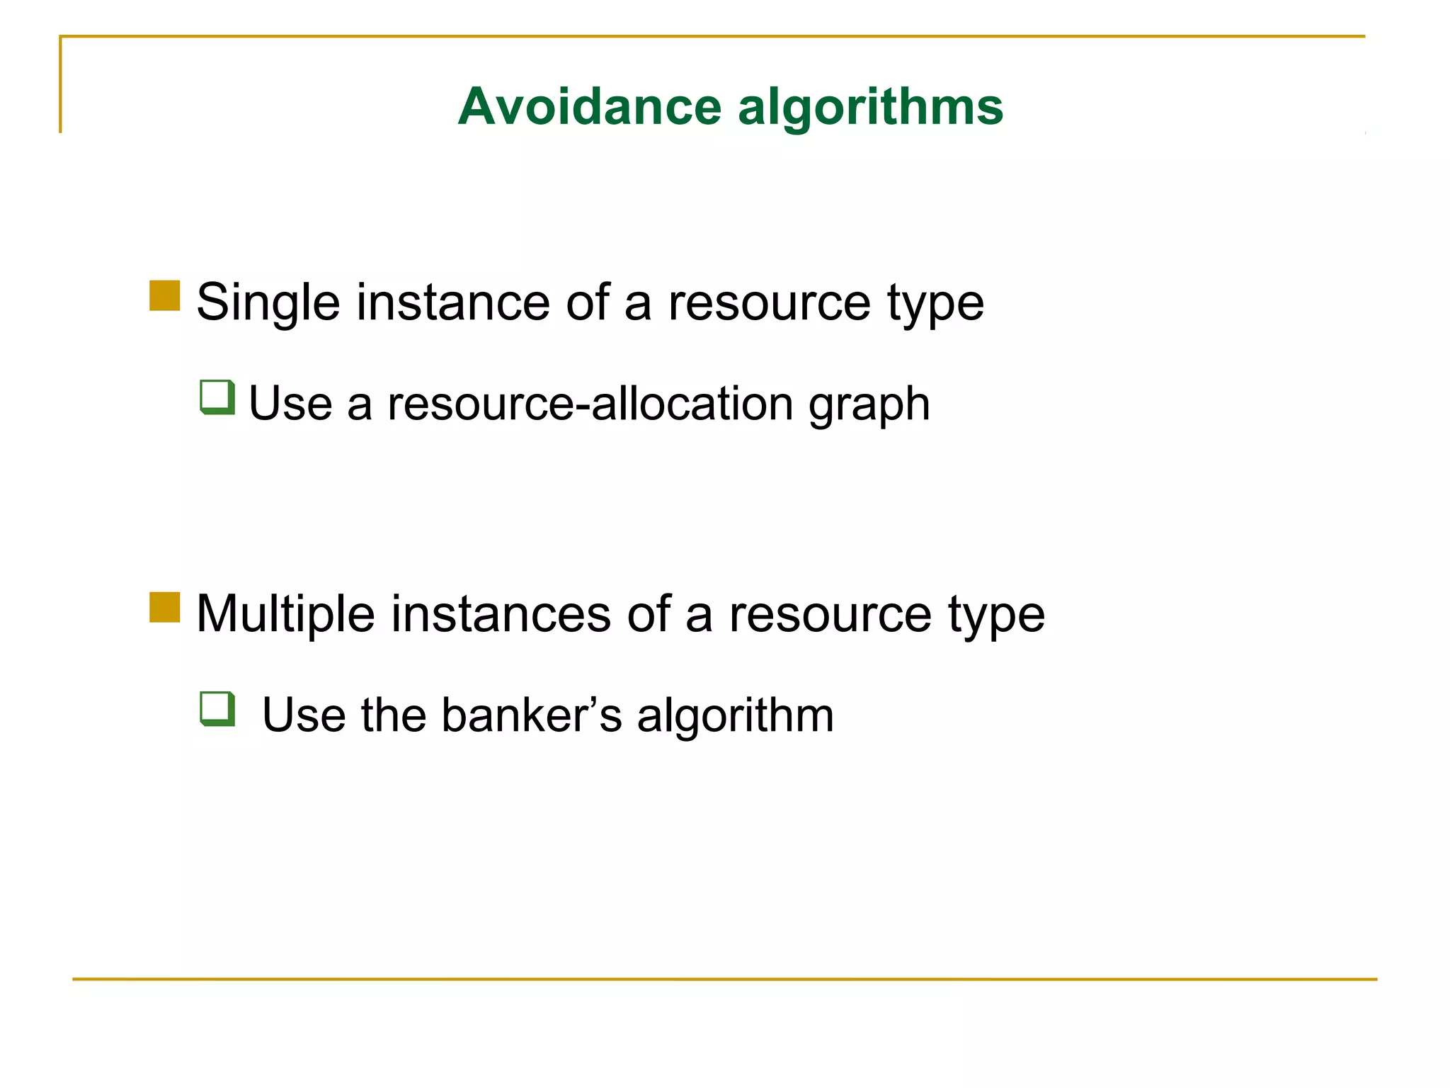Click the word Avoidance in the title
point(589,106)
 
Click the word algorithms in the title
point(870,108)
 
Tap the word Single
point(268,303)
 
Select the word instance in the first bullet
point(452,302)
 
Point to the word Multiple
point(285,613)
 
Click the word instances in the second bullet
point(501,613)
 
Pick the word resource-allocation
point(590,404)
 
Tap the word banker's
point(531,715)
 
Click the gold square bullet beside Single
point(164,295)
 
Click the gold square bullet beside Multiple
point(164,607)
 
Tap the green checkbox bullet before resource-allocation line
point(217,397)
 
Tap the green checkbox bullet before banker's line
point(217,709)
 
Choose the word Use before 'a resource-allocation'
point(290,404)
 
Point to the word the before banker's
point(393,715)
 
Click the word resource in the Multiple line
point(830,615)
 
